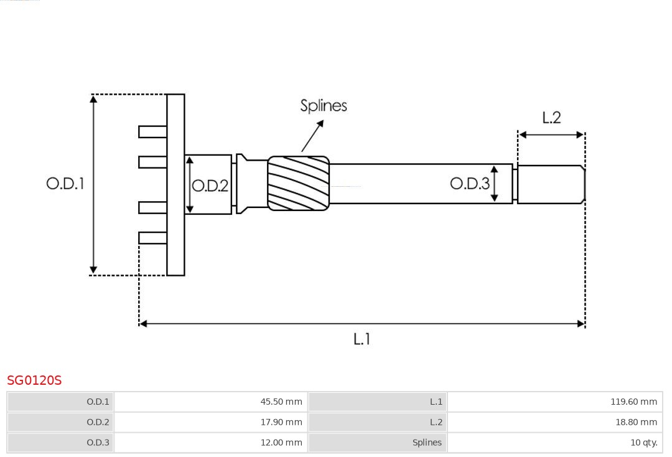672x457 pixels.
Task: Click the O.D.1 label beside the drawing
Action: point(65,184)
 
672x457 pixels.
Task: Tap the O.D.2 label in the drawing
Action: point(210,186)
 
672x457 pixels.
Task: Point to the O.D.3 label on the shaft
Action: point(469,183)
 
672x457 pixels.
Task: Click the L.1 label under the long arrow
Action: point(362,339)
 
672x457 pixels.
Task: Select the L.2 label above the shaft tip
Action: point(551,118)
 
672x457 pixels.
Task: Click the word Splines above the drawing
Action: point(324,106)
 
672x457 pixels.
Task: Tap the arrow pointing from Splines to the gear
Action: point(313,136)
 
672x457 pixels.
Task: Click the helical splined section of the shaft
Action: point(298,182)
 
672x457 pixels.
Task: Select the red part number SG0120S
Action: point(34,380)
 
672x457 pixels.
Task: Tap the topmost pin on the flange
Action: point(152,131)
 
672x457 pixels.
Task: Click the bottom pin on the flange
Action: point(152,238)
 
